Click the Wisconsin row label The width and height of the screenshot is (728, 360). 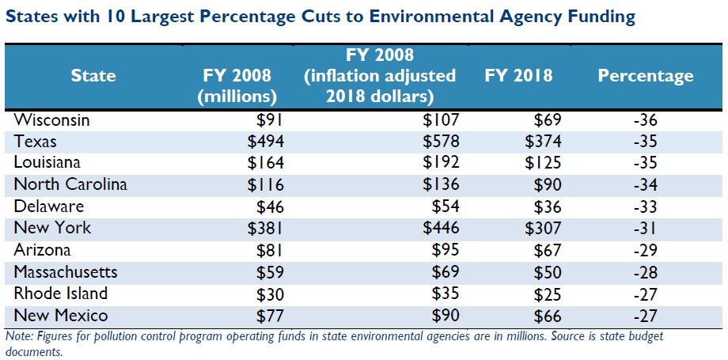pyautogui.click(x=53, y=121)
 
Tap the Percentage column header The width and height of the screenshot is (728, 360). pyautogui.click(x=646, y=76)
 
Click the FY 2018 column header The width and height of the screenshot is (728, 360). pyautogui.click(x=518, y=76)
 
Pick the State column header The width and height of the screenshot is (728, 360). pyautogui.click(x=93, y=76)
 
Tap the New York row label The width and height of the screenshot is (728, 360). pyautogui.click(x=53, y=228)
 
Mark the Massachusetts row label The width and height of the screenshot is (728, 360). pyautogui.click(x=66, y=271)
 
